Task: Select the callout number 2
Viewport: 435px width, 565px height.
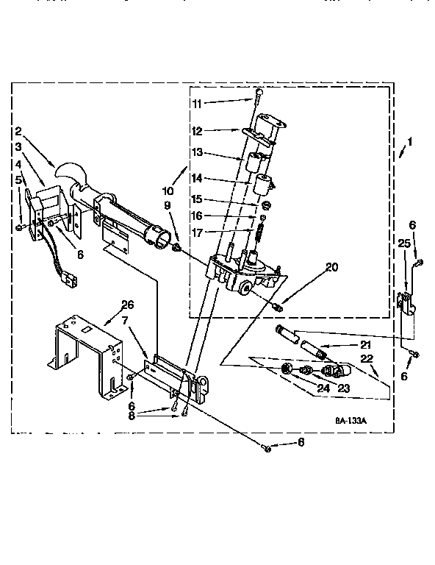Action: pos(17,132)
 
